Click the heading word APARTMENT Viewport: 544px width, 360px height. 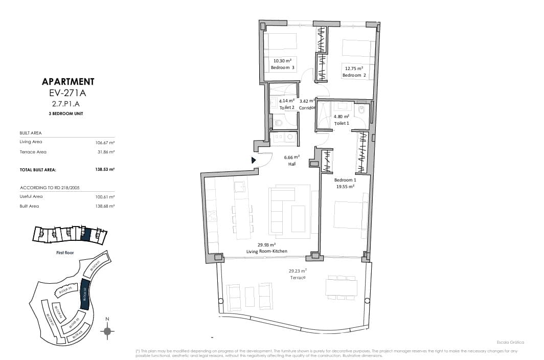coord(68,82)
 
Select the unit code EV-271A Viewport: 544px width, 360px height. coord(68,93)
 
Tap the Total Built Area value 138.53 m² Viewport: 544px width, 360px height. coord(105,169)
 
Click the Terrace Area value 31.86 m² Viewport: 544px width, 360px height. coord(106,152)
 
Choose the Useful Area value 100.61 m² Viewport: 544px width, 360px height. coord(105,196)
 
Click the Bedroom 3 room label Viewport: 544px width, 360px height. coord(282,67)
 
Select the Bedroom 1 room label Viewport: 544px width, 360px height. coord(345,180)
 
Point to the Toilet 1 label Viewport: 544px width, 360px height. coord(342,123)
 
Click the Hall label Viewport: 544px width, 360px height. coord(291,164)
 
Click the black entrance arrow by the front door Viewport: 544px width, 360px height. coord(254,160)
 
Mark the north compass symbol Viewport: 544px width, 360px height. coord(107,331)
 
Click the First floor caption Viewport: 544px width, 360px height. coord(65,253)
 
